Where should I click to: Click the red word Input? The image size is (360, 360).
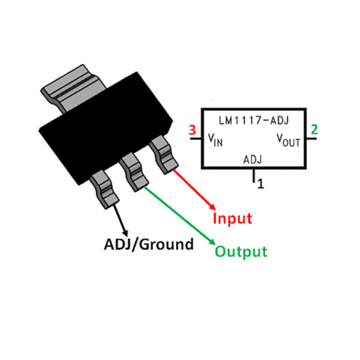click(232, 218)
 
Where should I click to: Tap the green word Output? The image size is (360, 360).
click(241, 251)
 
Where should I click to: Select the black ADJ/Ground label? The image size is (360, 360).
click(149, 244)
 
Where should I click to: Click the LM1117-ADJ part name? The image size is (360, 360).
click(253, 121)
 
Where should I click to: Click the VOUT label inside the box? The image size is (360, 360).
click(288, 140)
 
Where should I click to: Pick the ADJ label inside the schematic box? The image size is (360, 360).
click(253, 160)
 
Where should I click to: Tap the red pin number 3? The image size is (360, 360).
click(192, 130)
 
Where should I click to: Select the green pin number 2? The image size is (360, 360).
click(314, 130)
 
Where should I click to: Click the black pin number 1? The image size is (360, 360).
click(260, 184)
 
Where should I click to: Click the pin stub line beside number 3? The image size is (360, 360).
click(195, 139)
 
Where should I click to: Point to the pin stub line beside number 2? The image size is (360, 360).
click(311, 139)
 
